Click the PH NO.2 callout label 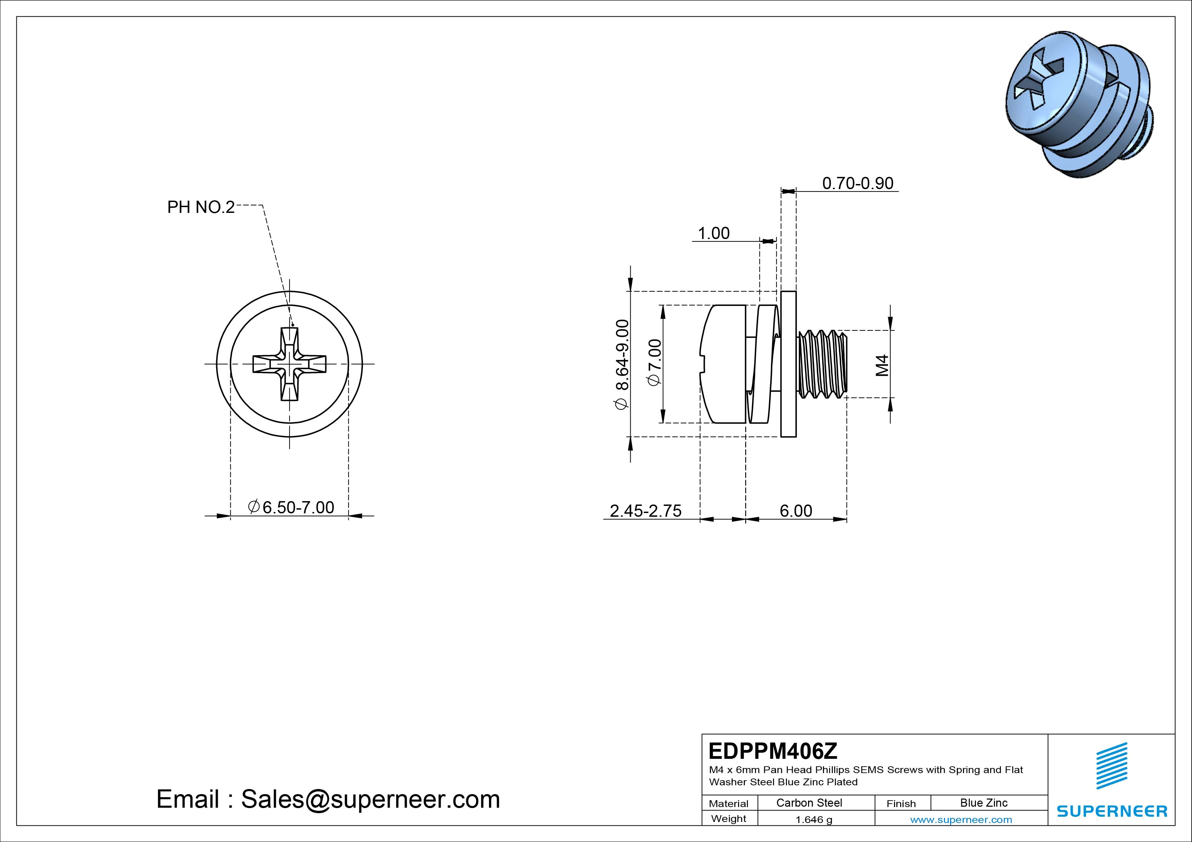[201, 207]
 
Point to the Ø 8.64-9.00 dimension [621, 364]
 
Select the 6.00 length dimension [795, 511]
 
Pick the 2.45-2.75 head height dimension [645, 511]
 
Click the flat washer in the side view [788, 364]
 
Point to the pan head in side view [723, 364]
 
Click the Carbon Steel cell [809, 803]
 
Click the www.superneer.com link [961, 820]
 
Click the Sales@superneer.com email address [370, 800]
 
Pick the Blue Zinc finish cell [983, 803]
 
